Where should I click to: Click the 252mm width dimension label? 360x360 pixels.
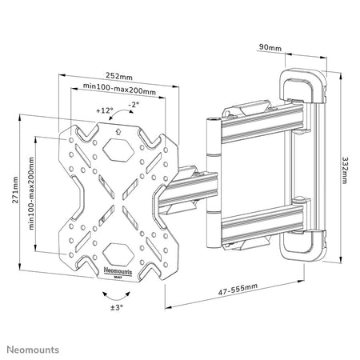tap(119, 76)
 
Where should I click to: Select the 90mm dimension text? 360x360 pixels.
tap(270, 47)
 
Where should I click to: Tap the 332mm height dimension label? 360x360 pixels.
tap(345, 170)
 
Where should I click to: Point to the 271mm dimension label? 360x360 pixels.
tap(15, 190)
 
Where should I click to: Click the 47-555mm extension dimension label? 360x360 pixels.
tap(238, 289)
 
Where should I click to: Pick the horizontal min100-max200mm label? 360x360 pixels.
tap(119, 89)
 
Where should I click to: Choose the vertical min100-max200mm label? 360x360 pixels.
tap(31, 194)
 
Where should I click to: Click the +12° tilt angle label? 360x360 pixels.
tap(105, 110)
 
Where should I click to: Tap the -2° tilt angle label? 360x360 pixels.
tap(134, 104)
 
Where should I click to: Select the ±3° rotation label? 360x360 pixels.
tap(117, 307)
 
